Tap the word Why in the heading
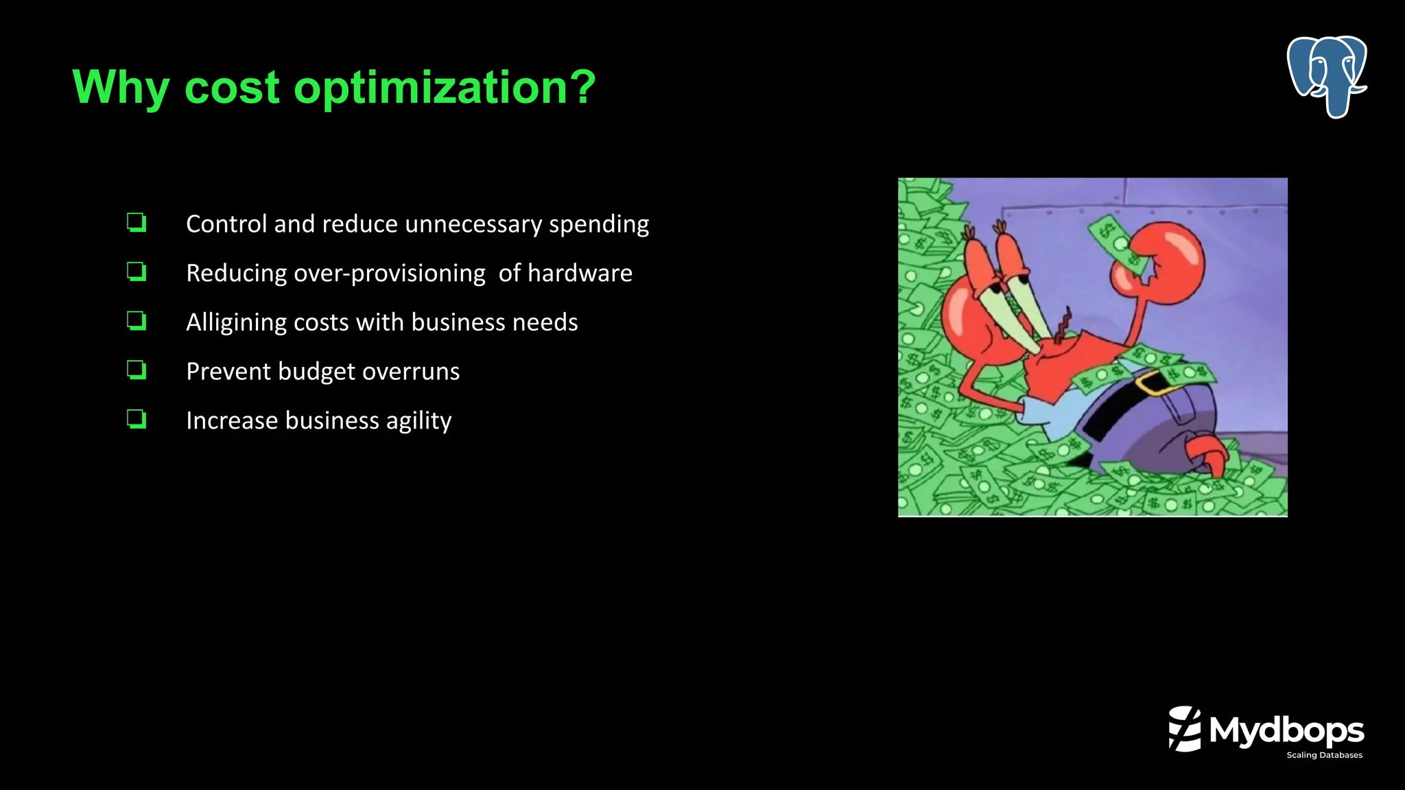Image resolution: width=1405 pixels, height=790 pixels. pos(120,88)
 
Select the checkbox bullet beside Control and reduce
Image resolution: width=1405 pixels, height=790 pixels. pos(137,223)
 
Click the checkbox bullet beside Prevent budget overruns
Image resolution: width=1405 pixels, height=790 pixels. pos(137,370)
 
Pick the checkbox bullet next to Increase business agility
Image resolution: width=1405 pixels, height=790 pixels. pos(137,419)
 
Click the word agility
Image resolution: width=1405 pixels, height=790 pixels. pos(418,421)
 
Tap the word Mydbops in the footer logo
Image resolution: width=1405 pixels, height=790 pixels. pos(1286,731)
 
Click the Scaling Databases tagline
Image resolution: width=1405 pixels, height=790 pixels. pos(1324,755)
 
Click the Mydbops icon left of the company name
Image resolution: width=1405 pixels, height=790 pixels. pos(1185,729)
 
